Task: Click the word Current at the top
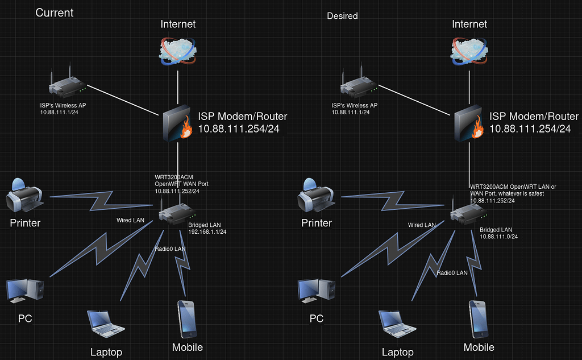(x=55, y=13)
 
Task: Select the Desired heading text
(x=342, y=16)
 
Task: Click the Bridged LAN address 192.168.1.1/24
(x=207, y=232)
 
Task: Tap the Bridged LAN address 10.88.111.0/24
(x=499, y=237)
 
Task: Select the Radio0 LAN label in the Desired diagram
(x=452, y=273)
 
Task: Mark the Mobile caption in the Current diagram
(x=187, y=347)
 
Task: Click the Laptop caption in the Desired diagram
(x=397, y=352)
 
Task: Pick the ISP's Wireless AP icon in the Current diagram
(x=68, y=84)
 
